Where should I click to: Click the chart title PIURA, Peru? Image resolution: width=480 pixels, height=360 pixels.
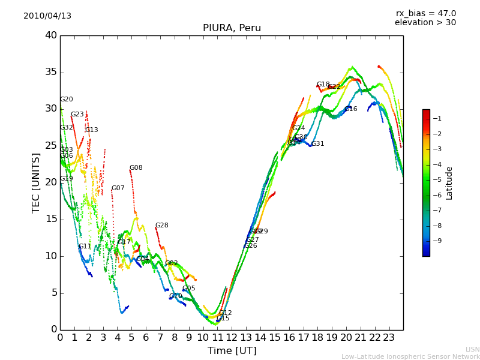click(x=232, y=28)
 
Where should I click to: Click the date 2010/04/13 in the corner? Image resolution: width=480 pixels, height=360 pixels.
click(x=47, y=16)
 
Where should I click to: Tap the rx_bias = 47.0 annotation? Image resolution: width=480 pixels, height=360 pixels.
click(x=425, y=13)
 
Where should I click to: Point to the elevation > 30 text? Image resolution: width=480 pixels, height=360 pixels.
click(x=425, y=23)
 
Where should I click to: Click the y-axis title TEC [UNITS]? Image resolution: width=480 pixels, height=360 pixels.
click(x=36, y=182)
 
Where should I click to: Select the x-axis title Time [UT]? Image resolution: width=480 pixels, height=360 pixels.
click(x=232, y=351)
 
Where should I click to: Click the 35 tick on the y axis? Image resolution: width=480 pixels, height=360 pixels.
click(x=51, y=73)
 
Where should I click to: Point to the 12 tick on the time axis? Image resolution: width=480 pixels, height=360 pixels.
click(x=232, y=338)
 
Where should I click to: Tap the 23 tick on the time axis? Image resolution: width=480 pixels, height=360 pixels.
click(x=389, y=338)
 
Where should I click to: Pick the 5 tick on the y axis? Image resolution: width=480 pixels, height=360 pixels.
click(x=54, y=293)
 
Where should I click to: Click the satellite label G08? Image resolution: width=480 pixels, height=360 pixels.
click(x=136, y=168)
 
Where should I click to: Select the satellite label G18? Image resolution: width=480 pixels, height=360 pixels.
click(x=323, y=85)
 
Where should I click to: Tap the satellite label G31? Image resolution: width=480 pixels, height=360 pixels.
click(x=317, y=144)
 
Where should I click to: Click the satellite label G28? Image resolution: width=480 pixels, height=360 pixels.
click(x=162, y=226)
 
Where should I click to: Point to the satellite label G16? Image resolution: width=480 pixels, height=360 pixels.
click(x=350, y=109)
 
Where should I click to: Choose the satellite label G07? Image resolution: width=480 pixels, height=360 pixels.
click(x=118, y=188)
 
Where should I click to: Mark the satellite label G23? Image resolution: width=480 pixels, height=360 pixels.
click(x=77, y=115)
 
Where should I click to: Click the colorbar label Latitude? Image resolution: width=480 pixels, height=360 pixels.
click(x=449, y=183)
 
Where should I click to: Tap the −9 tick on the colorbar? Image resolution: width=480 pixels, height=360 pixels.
click(x=437, y=241)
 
